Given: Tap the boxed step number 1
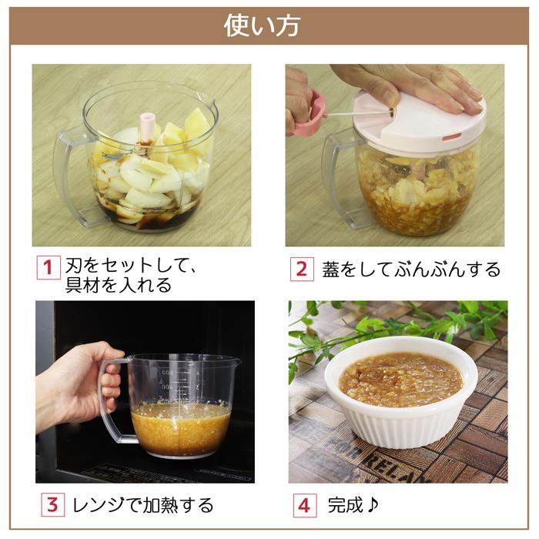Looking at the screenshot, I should click(x=48, y=269).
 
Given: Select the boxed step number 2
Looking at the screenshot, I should click(x=302, y=269).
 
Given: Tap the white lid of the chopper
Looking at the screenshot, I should click(x=416, y=123).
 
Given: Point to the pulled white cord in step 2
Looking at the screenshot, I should click(x=354, y=114).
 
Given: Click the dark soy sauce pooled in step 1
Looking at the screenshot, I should click(x=154, y=219).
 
